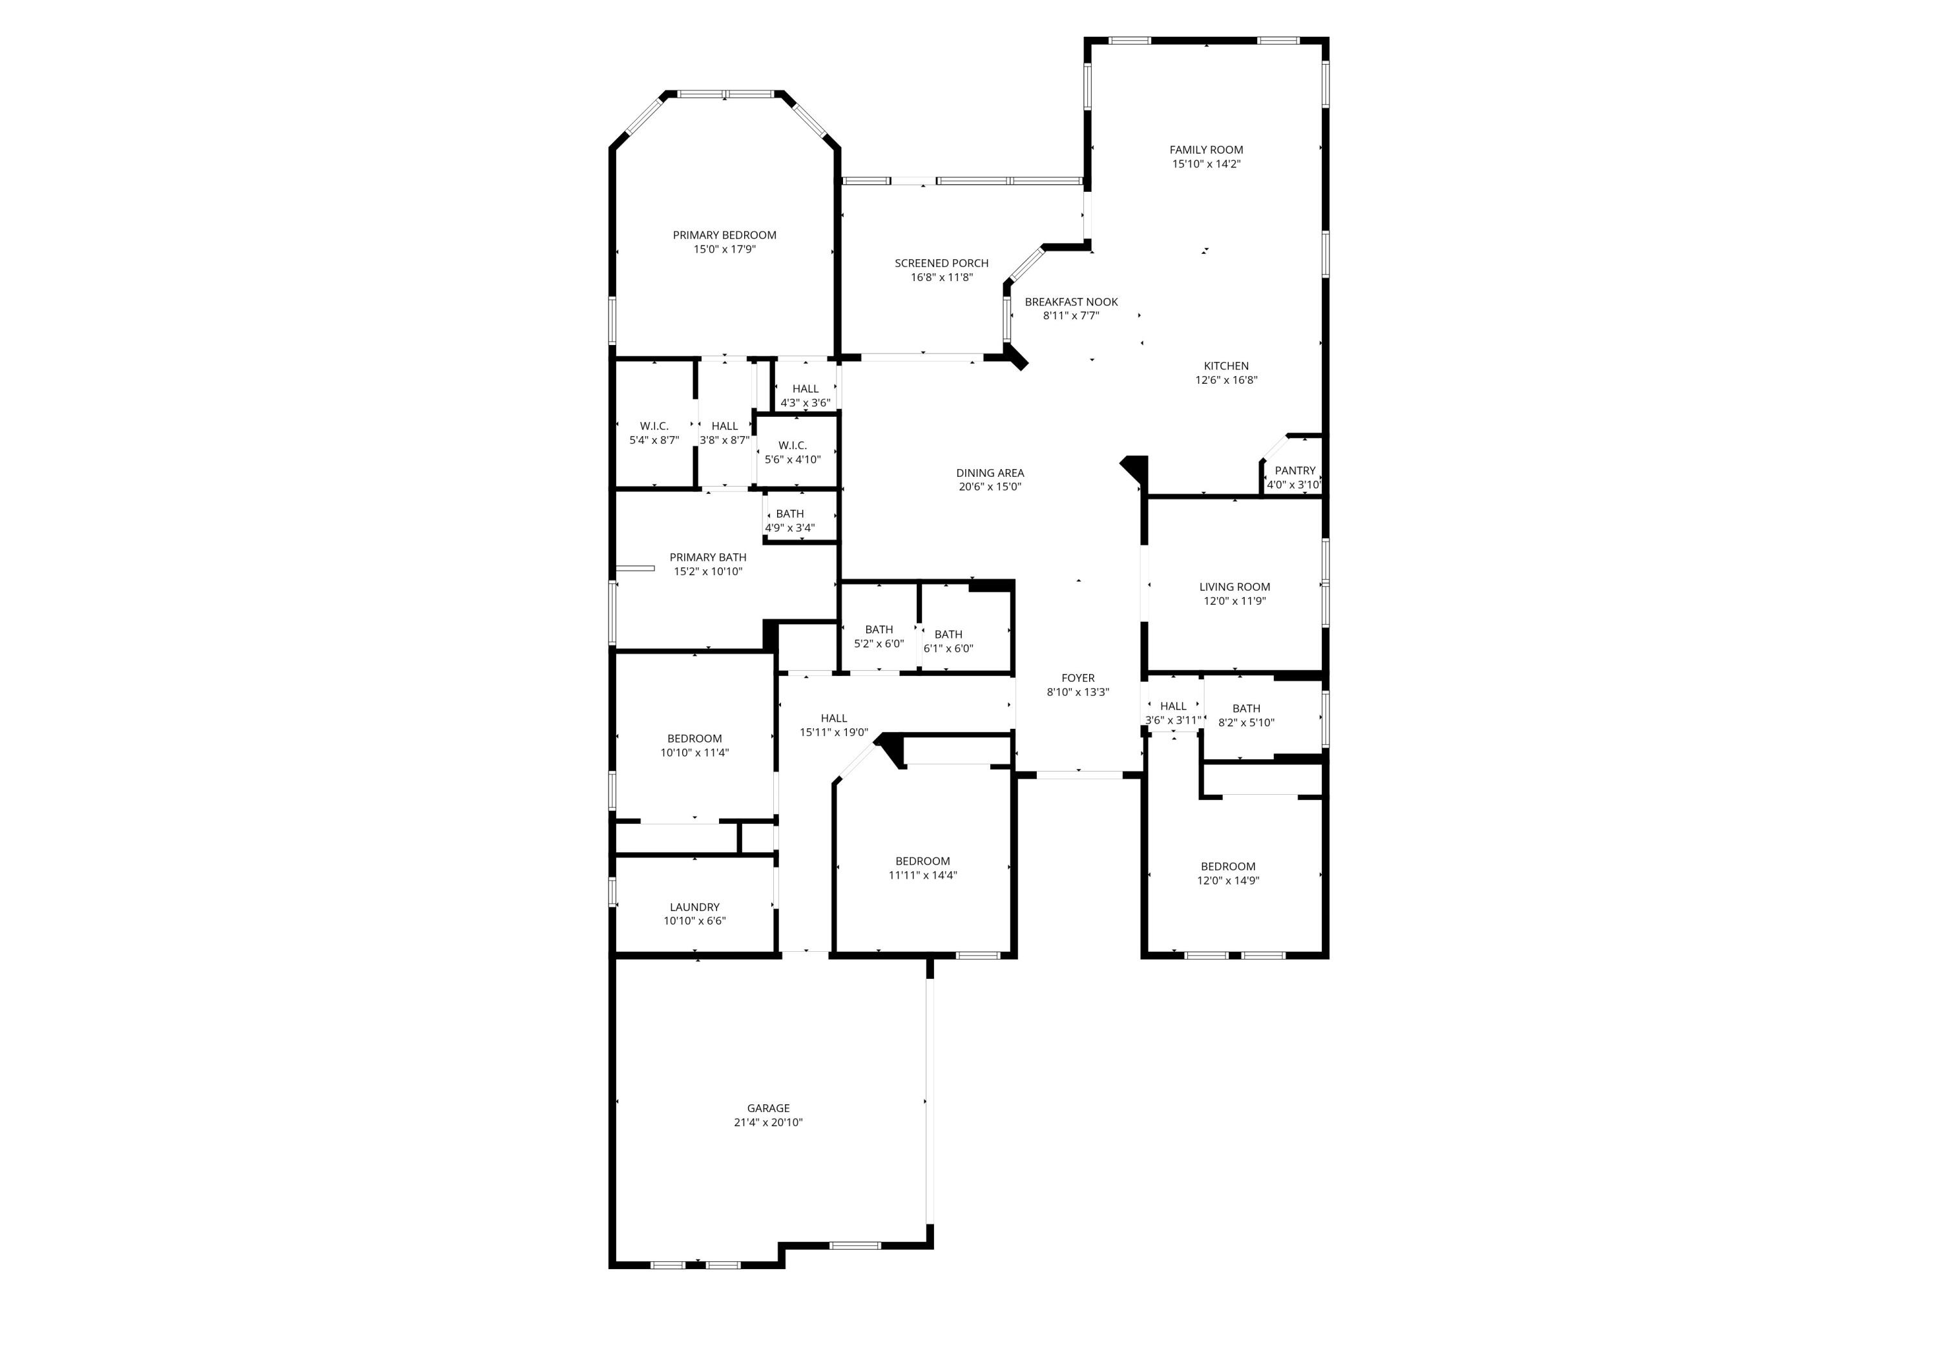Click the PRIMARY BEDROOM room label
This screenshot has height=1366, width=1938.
pyautogui.click(x=724, y=235)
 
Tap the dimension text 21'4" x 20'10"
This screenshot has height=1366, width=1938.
pyautogui.click(x=767, y=1122)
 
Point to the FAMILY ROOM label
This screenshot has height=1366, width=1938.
pyautogui.click(x=1205, y=149)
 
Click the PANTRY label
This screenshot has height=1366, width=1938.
pyautogui.click(x=1294, y=470)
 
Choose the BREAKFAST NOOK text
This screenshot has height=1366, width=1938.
pyautogui.click(x=1070, y=301)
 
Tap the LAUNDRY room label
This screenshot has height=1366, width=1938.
pyautogui.click(x=694, y=907)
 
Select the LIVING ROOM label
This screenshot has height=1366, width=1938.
pyautogui.click(x=1234, y=587)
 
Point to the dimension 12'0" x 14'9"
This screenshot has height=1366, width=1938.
pyautogui.click(x=1227, y=881)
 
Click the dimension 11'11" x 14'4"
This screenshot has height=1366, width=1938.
pyautogui.click(x=922, y=876)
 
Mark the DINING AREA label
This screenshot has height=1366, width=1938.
pyautogui.click(x=989, y=473)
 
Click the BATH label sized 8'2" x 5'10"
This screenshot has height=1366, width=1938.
pyautogui.click(x=1246, y=708)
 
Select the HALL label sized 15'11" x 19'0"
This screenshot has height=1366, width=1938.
pyautogui.click(x=833, y=719)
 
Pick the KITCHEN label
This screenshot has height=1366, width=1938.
pyautogui.click(x=1225, y=366)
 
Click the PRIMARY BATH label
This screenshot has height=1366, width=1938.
pyautogui.click(x=707, y=557)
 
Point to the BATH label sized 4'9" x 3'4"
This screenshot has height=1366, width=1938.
pyautogui.click(x=789, y=513)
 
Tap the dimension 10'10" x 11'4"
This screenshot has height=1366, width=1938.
pyautogui.click(x=694, y=752)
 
